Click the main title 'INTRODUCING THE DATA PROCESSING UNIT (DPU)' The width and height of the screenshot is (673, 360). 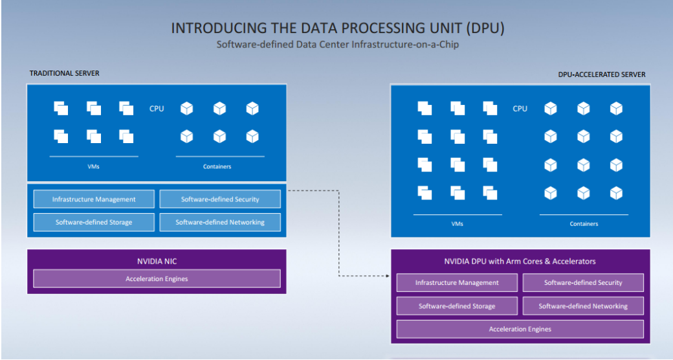coord(338,28)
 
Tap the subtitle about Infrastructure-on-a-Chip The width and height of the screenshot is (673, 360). coord(337,45)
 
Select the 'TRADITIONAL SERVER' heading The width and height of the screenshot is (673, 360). coord(64,73)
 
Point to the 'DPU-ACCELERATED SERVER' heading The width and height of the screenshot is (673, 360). coord(602,74)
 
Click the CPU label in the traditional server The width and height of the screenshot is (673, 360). coord(157,109)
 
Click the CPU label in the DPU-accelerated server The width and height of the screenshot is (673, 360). coord(520,109)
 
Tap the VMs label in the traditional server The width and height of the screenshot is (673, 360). coord(94,166)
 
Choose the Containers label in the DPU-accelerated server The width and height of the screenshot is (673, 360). coord(584,224)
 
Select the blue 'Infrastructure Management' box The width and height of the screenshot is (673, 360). coord(94,199)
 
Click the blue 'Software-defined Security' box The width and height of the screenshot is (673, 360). coord(220,199)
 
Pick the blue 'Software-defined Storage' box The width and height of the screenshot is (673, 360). coord(94,223)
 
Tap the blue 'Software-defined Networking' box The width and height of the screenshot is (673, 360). coord(220,223)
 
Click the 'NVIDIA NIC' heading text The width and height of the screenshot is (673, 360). coord(157,261)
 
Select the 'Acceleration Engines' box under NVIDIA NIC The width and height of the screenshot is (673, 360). coord(157,279)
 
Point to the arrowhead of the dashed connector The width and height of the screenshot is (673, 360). coord(388,276)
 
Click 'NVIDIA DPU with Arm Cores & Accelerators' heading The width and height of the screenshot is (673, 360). coord(520,261)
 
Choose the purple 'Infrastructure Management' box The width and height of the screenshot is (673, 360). coord(457,283)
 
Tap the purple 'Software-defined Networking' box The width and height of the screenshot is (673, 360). coord(583,306)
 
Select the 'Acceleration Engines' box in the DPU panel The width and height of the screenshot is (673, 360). coord(520,329)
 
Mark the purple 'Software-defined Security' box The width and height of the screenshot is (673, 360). coord(583,283)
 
